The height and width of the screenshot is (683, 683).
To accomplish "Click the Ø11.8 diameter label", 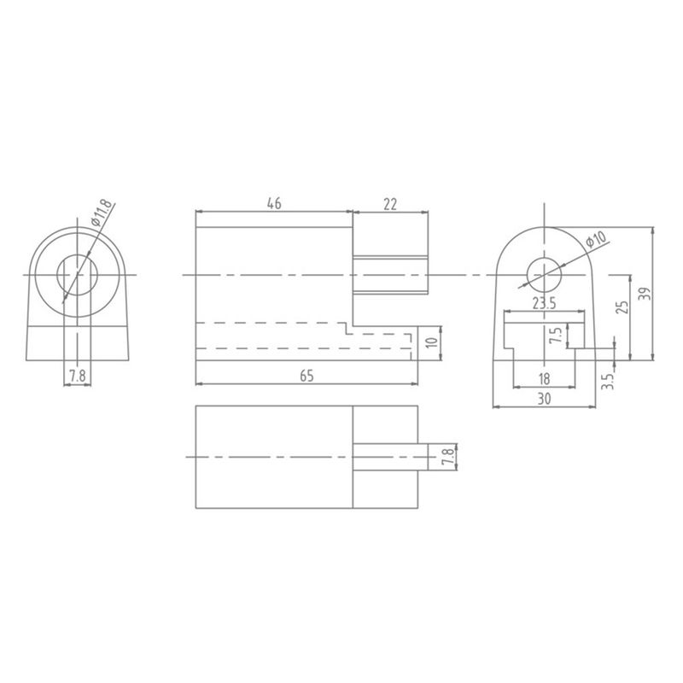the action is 102,213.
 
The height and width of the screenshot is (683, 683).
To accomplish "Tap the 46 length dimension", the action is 274,203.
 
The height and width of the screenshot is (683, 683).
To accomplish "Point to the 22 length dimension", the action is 390,204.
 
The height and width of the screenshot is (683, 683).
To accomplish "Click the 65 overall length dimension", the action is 306,376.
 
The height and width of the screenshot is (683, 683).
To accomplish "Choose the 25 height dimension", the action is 623,307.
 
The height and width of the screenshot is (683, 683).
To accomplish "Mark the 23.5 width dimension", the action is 544,303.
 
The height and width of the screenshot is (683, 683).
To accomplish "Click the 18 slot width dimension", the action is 544,379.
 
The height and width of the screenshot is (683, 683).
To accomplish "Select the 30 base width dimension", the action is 544,399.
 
